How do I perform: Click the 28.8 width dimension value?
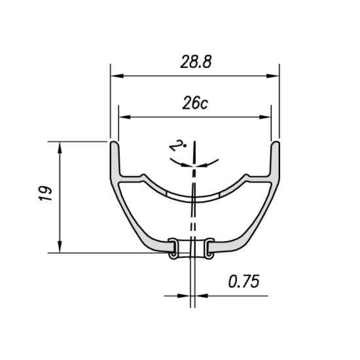click(194, 62)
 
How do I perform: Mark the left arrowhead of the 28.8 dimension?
click(115, 76)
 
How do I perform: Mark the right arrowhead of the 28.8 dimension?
click(274, 76)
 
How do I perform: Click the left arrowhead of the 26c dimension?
click(122, 118)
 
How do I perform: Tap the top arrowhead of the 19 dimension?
click(61, 146)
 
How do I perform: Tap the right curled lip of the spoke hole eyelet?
click(209, 249)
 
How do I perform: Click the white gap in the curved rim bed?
click(194, 196)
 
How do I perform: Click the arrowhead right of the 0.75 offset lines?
click(201, 295)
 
